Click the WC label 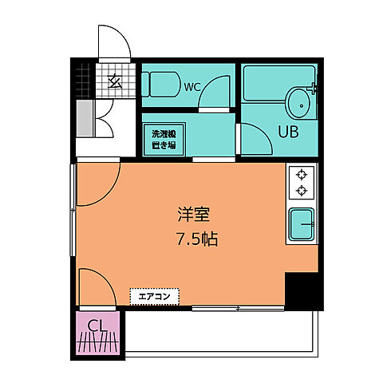pos(192,87)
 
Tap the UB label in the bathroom pos(288,132)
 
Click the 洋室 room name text pos(194,214)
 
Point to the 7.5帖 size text pos(197,239)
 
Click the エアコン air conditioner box pos(155,296)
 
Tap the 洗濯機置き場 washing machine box pos(164,140)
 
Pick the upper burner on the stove pos(302,175)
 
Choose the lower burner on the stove pos(302,191)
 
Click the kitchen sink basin pos(302,224)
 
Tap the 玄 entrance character pos(115,81)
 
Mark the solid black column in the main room pos(304,291)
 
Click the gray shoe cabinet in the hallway pos(85,119)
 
